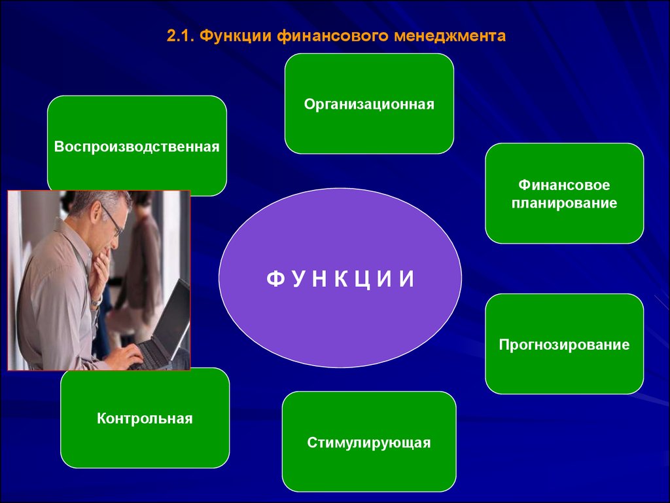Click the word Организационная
369,104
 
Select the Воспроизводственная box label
137,147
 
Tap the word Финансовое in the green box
564,185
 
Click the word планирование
564,203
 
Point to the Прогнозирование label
564,345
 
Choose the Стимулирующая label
369,442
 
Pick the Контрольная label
145,419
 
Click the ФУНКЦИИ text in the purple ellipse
340,279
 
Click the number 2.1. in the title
181,36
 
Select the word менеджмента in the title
450,36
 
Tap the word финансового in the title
332,36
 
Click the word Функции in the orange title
236,36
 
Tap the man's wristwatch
97,301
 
